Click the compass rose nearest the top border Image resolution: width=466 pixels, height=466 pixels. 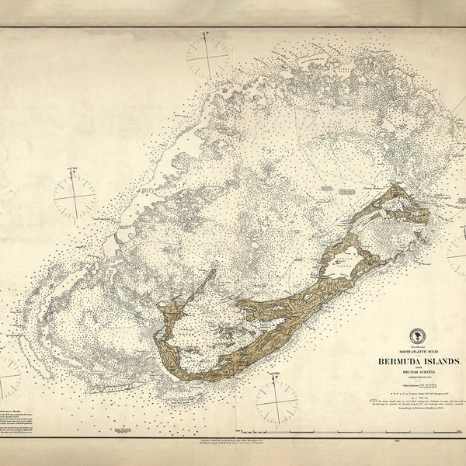click(207, 57)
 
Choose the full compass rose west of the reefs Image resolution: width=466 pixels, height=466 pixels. click(75, 195)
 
